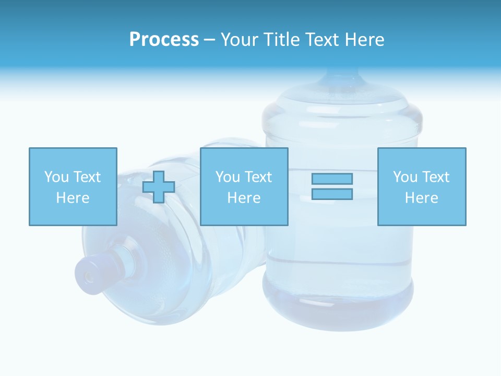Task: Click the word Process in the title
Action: [164, 40]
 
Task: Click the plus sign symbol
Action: [159, 187]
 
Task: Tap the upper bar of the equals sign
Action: [332, 179]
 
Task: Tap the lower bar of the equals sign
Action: [332, 194]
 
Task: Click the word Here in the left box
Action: [73, 198]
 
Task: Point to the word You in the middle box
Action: [228, 177]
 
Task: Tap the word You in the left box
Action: [56, 177]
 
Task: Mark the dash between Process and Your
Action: [210, 40]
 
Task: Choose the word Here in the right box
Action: [422, 198]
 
